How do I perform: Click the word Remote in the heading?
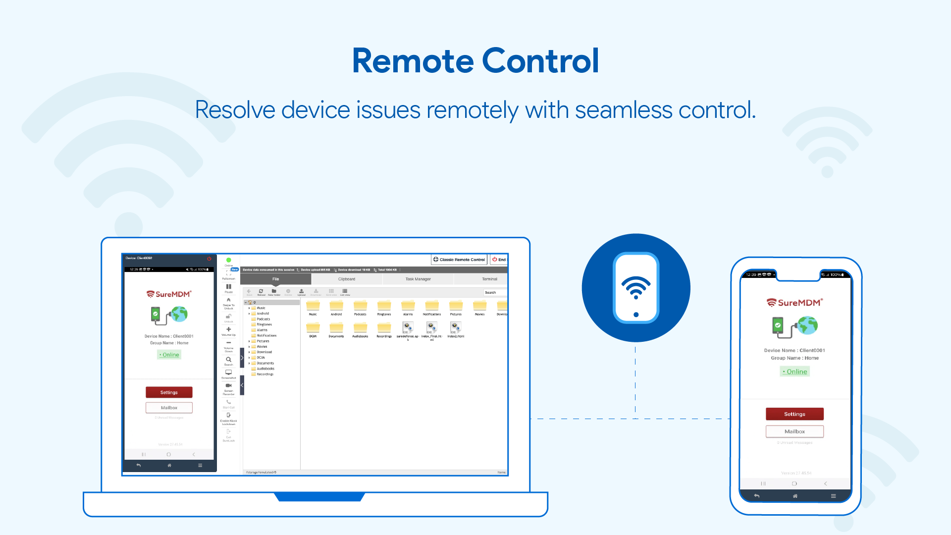pyautogui.click(x=413, y=61)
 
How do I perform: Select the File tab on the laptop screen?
pyautogui.click(x=275, y=279)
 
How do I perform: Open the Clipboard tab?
pyautogui.click(x=347, y=279)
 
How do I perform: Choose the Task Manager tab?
pyautogui.click(x=418, y=279)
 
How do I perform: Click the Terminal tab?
pyautogui.click(x=489, y=279)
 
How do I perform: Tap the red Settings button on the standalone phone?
pyautogui.click(x=794, y=414)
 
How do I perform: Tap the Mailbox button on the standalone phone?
pyautogui.click(x=794, y=431)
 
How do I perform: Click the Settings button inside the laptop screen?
pyautogui.click(x=169, y=392)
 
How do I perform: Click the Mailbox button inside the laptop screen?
pyautogui.click(x=169, y=408)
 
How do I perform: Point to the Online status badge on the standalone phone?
pyautogui.click(x=795, y=372)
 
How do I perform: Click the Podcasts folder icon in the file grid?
pyautogui.click(x=360, y=306)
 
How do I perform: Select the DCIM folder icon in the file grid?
pyautogui.click(x=313, y=328)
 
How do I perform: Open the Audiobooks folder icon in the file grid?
pyautogui.click(x=360, y=328)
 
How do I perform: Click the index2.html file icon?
pyautogui.click(x=455, y=327)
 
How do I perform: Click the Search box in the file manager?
pyautogui.click(x=494, y=293)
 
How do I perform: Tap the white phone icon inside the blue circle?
pyautogui.click(x=636, y=288)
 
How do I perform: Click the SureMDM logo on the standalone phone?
pyautogui.click(x=794, y=303)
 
